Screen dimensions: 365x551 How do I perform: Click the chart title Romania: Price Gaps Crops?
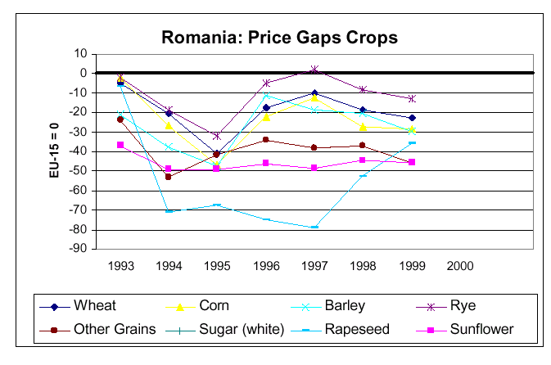click(279, 37)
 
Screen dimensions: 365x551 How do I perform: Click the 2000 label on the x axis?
click(460, 266)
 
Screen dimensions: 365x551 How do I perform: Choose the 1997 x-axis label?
click(314, 266)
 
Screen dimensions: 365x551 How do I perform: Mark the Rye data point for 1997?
click(314, 70)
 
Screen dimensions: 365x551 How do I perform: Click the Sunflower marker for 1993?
click(120, 145)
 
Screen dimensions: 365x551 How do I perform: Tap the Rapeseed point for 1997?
click(314, 228)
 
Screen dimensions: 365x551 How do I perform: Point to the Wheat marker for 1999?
click(412, 118)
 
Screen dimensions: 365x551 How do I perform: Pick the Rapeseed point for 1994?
click(169, 211)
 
